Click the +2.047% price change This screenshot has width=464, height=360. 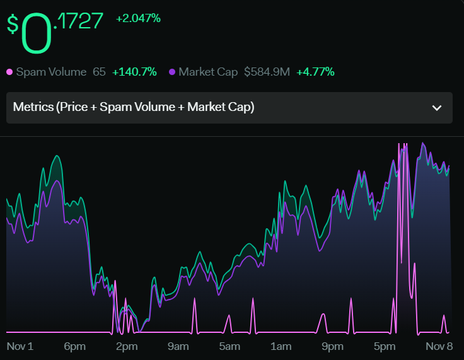pyautogui.click(x=138, y=19)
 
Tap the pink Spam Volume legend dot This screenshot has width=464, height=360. pyautogui.click(x=9, y=72)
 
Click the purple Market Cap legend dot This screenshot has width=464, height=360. pyautogui.click(x=172, y=72)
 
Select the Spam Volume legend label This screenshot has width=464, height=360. pyautogui.click(x=51, y=72)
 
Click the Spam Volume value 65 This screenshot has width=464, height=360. pyautogui.click(x=99, y=72)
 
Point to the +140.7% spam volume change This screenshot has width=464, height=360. pyautogui.click(x=134, y=72)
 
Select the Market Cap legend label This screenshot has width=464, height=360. pyautogui.click(x=208, y=72)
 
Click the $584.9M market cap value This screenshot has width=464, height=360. pyautogui.click(x=267, y=72)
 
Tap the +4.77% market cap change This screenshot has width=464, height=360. pyautogui.click(x=315, y=72)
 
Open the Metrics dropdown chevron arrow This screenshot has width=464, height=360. pyautogui.click(x=437, y=108)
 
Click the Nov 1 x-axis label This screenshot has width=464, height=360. pyautogui.click(x=20, y=346)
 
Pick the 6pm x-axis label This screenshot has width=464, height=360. pyautogui.click(x=74, y=347)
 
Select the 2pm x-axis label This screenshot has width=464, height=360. pyautogui.click(x=127, y=347)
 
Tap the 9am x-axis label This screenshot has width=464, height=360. pyautogui.click(x=178, y=347)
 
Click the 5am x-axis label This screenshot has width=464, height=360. pyautogui.click(x=229, y=346)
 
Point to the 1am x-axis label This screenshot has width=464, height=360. pyautogui.click(x=281, y=346)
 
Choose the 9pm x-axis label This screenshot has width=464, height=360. pyautogui.click(x=333, y=347)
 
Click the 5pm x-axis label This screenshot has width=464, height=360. pyautogui.click(x=385, y=347)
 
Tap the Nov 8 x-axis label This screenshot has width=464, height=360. pyautogui.click(x=439, y=346)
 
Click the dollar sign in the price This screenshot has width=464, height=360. pyautogui.click(x=13, y=25)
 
